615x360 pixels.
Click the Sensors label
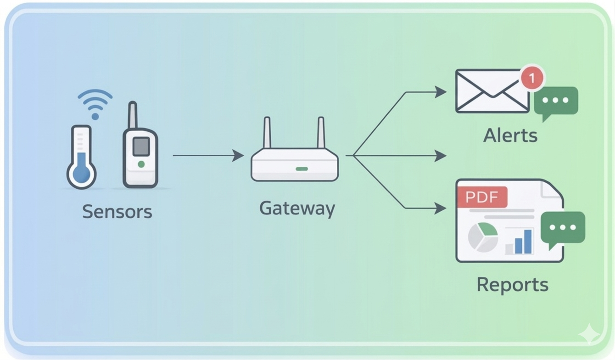[x=117, y=212]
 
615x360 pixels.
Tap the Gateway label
[x=297, y=208]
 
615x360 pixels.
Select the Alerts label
[x=510, y=135]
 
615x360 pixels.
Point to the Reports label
[x=512, y=285]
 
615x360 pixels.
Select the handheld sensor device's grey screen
[x=140, y=146]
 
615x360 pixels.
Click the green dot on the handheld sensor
[x=141, y=164]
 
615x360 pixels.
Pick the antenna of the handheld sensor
[x=132, y=115]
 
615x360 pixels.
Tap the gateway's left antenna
[x=267, y=133]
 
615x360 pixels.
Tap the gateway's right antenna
[x=321, y=133]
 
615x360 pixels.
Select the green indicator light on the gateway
[x=302, y=169]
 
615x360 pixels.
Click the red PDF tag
[x=482, y=197]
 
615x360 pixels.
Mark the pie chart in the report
[x=483, y=237]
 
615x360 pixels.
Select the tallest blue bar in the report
[x=528, y=241]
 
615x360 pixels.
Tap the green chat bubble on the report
[x=563, y=228]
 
